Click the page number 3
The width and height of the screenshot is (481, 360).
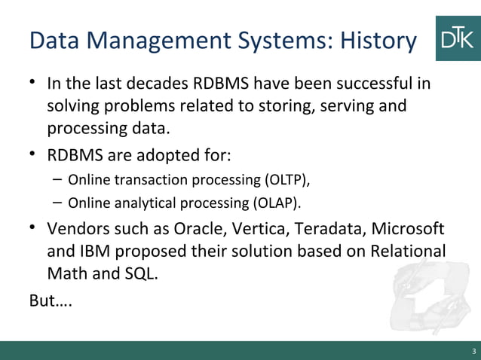point(473,352)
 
